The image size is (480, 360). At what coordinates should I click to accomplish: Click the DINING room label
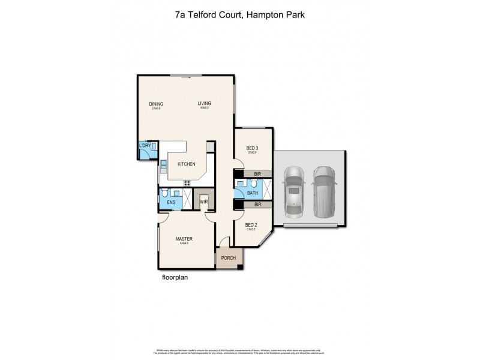(156, 104)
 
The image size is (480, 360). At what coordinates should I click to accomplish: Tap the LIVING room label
(205, 104)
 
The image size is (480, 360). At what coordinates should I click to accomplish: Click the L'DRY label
(144, 146)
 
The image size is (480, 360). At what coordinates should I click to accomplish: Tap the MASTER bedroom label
(184, 239)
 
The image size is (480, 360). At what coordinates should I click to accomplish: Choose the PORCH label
(229, 258)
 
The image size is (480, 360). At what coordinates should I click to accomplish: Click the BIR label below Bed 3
(257, 174)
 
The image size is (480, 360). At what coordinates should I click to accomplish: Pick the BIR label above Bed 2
(257, 205)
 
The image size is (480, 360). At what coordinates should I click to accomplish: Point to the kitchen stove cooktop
(187, 182)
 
